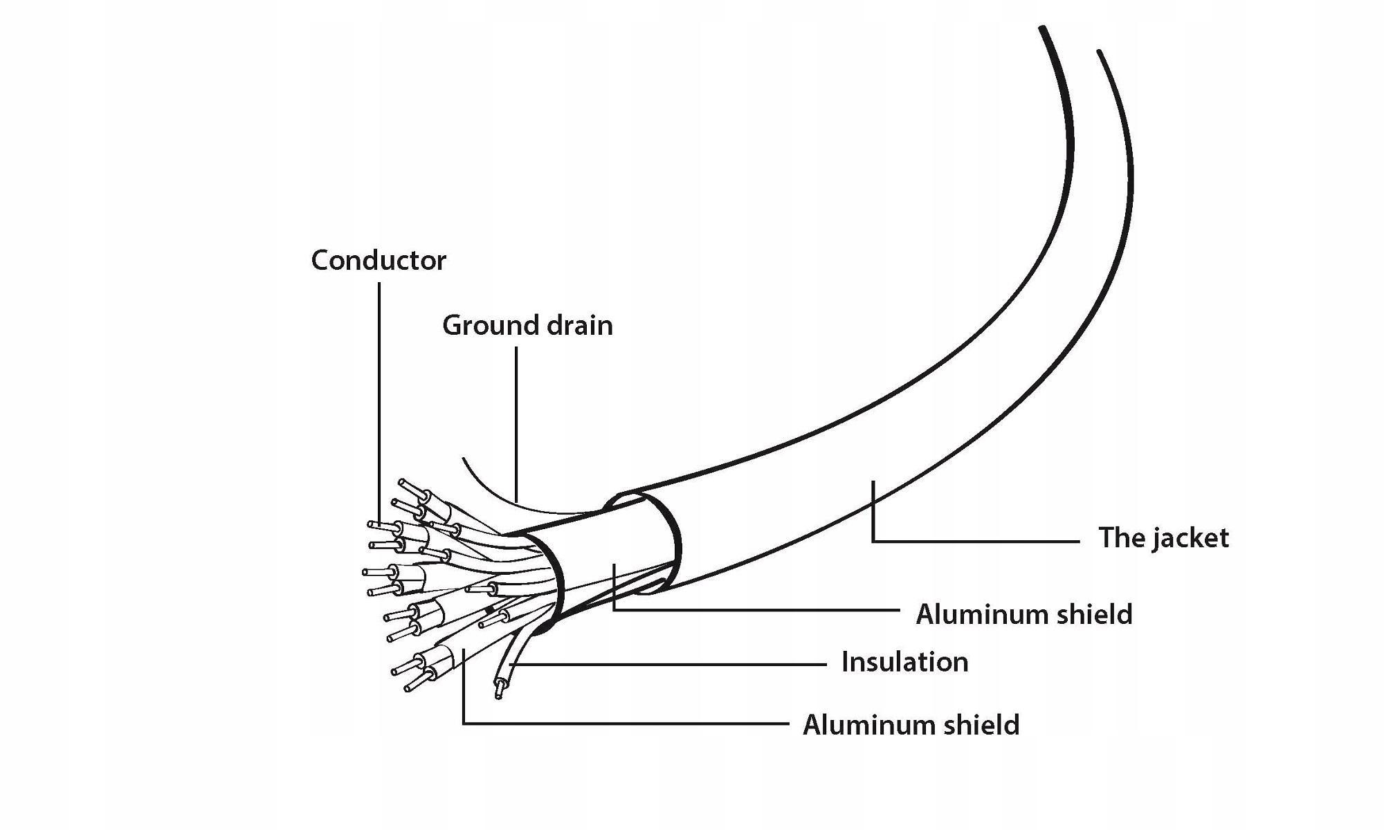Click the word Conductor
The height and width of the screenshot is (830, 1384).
tap(379, 261)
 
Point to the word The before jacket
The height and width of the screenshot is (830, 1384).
tap(1116, 538)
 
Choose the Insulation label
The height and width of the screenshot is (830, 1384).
tap(904, 663)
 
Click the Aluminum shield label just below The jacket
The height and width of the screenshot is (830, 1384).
tap(1023, 614)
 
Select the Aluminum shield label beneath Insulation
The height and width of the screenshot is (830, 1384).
tap(911, 726)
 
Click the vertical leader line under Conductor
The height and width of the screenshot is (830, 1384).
tap(379, 401)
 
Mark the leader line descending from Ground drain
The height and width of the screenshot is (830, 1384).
tap(516, 422)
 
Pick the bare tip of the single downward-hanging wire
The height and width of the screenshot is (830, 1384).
tap(499, 690)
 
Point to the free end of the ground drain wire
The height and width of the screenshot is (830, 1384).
tap(464, 459)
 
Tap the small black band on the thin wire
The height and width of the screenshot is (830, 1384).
tap(491, 610)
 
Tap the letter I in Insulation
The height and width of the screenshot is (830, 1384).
tap(846, 663)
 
